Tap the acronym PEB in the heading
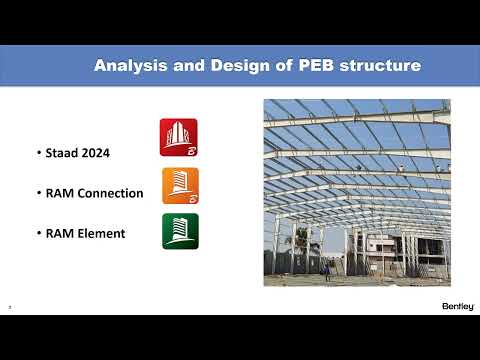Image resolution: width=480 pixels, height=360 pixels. [x=317, y=66]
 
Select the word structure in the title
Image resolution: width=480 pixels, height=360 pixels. [x=381, y=66]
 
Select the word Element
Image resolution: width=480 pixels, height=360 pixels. [x=103, y=233]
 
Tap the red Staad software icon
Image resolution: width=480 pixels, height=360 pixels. [x=179, y=137]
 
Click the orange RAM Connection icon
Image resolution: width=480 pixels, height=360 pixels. [x=180, y=186]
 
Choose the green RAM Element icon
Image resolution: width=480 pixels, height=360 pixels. [x=180, y=231]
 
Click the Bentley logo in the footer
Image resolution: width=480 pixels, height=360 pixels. [x=457, y=305]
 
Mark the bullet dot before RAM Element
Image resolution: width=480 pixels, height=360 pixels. [x=37, y=234]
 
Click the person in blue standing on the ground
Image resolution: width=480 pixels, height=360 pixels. [x=325, y=269]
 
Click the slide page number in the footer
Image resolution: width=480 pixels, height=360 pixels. [x=9, y=307]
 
